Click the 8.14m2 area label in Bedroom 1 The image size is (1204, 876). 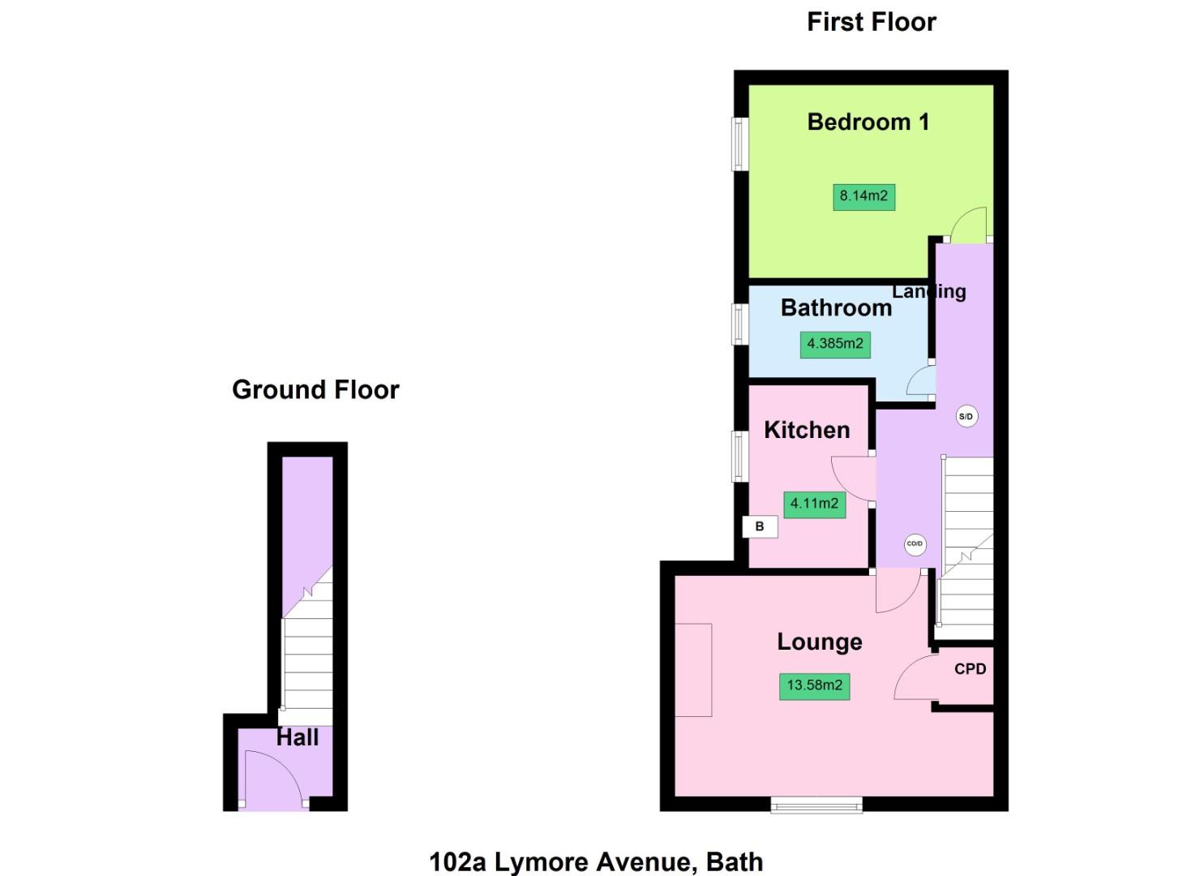tap(863, 196)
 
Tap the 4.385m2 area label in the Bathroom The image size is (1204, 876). tap(835, 344)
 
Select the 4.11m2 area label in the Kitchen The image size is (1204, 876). tap(814, 504)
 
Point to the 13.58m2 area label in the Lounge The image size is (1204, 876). tap(814, 685)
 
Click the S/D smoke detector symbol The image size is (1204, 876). tap(966, 417)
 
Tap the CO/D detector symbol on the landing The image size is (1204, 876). tap(915, 544)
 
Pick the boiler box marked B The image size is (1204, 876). tap(760, 526)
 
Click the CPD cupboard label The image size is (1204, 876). tap(970, 669)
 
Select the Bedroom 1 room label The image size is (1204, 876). tap(868, 122)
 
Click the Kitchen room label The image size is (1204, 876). tap(807, 430)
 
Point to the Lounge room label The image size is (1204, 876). tap(819, 642)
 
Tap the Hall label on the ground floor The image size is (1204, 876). tap(298, 737)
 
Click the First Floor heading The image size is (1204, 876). tap(871, 22)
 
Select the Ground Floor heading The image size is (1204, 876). tap(315, 390)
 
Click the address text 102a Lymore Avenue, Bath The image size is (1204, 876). tap(596, 861)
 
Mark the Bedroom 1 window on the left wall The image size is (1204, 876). tap(739, 144)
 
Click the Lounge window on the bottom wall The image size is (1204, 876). tap(816, 804)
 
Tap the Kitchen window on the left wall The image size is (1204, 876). tap(739, 456)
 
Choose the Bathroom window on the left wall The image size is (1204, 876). tap(739, 323)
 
